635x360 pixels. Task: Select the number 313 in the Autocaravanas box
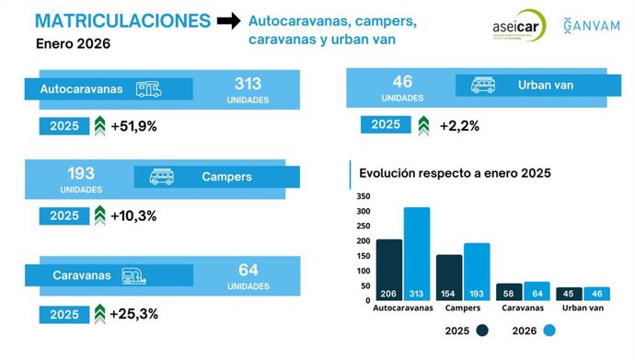point(248,83)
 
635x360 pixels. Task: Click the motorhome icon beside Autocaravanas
point(149,89)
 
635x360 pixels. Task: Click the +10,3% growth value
point(133,215)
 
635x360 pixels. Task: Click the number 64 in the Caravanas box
point(248,270)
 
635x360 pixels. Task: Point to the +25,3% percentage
point(133,314)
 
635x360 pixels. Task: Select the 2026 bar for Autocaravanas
point(416,253)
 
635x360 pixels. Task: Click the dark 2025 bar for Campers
point(449,277)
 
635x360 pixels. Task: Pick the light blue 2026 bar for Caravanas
point(536,291)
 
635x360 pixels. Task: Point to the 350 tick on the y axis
point(362,196)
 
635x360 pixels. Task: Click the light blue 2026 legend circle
point(549,331)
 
